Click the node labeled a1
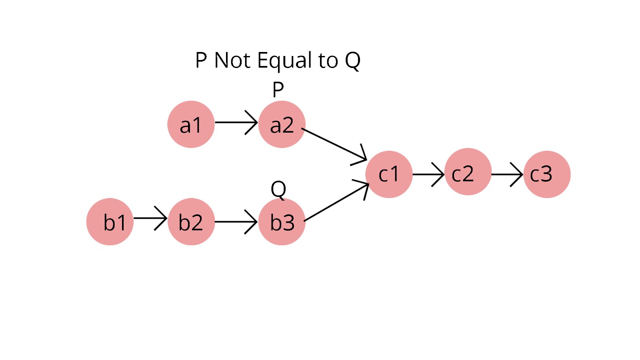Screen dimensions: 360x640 coord(191,124)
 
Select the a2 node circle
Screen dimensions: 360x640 coord(282,124)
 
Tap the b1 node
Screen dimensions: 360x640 coord(110,222)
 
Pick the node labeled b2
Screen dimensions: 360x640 coord(191,222)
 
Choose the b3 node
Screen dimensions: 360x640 coord(282,222)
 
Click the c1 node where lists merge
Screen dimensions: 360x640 coord(389,174)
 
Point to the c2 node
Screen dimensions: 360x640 coord(468,172)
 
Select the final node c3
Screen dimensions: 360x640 coord(547,174)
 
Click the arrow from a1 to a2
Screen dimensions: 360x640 coord(236,122)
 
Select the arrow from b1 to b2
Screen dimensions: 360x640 coord(150,218)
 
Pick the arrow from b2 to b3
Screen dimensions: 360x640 coord(236,221)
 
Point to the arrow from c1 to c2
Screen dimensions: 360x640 coord(428,174)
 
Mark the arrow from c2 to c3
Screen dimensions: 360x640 coord(507,174)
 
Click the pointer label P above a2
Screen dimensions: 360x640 coord(278,89)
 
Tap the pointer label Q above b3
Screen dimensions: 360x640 coord(278,189)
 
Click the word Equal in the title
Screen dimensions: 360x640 coord(284,61)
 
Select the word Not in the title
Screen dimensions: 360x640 coord(232,61)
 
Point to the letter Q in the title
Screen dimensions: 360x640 coord(353,61)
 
